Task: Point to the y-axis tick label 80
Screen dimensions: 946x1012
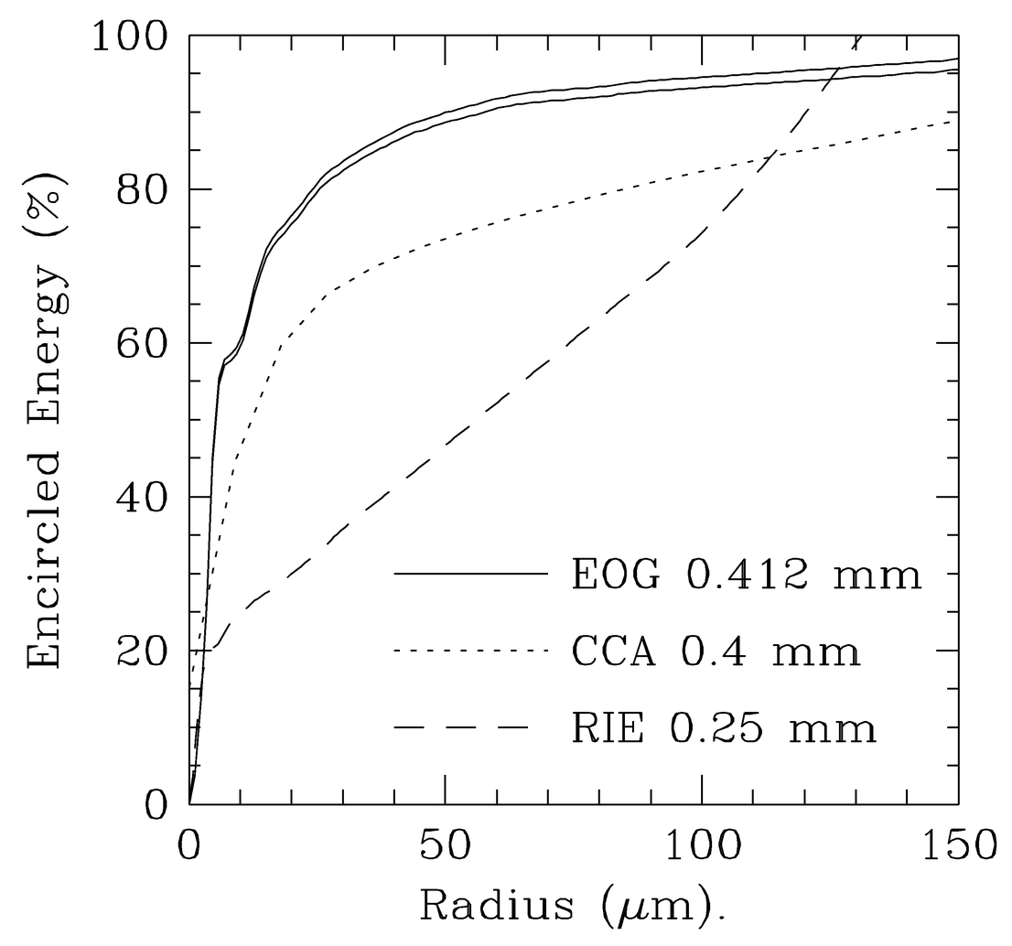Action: click(145, 190)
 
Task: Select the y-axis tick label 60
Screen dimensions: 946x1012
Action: click(145, 344)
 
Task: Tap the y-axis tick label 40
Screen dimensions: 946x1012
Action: click(145, 498)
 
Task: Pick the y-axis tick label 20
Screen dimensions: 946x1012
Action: click(145, 651)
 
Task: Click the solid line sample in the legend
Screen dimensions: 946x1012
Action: click(468, 575)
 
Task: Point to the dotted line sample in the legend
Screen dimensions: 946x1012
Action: click(468, 651)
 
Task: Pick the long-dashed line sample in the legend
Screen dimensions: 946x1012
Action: click(468, 728)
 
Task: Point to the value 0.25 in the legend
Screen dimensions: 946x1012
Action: click(733, 729)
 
